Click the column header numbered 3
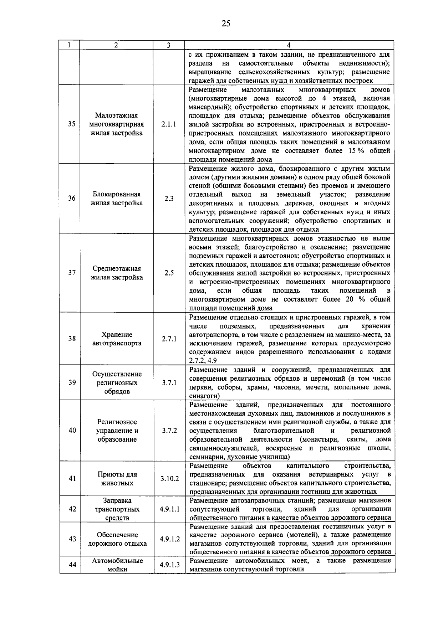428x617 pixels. tap(168, 45)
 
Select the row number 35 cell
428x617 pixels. tap(72, 124)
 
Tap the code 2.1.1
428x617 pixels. tap(168, 124)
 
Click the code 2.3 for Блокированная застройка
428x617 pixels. tap(169, 199)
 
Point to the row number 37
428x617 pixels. tap(72, 273)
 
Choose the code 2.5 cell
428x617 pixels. tap(169, 273)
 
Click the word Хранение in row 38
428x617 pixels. tap(117, 334)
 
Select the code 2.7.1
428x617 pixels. tap(169, 339)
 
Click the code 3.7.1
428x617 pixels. tap(169, 382)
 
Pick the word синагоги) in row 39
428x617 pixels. tap(204, 396)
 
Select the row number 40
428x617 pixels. tap(72, 430)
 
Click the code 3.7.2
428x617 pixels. tap(169, 430)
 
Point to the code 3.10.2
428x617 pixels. tap(169, 478)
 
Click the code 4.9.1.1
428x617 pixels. tap(169, 509)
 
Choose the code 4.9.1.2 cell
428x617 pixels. tap(169, 539)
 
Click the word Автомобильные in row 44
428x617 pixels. tap(117, 560)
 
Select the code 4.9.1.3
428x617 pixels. tap(169, 565)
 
